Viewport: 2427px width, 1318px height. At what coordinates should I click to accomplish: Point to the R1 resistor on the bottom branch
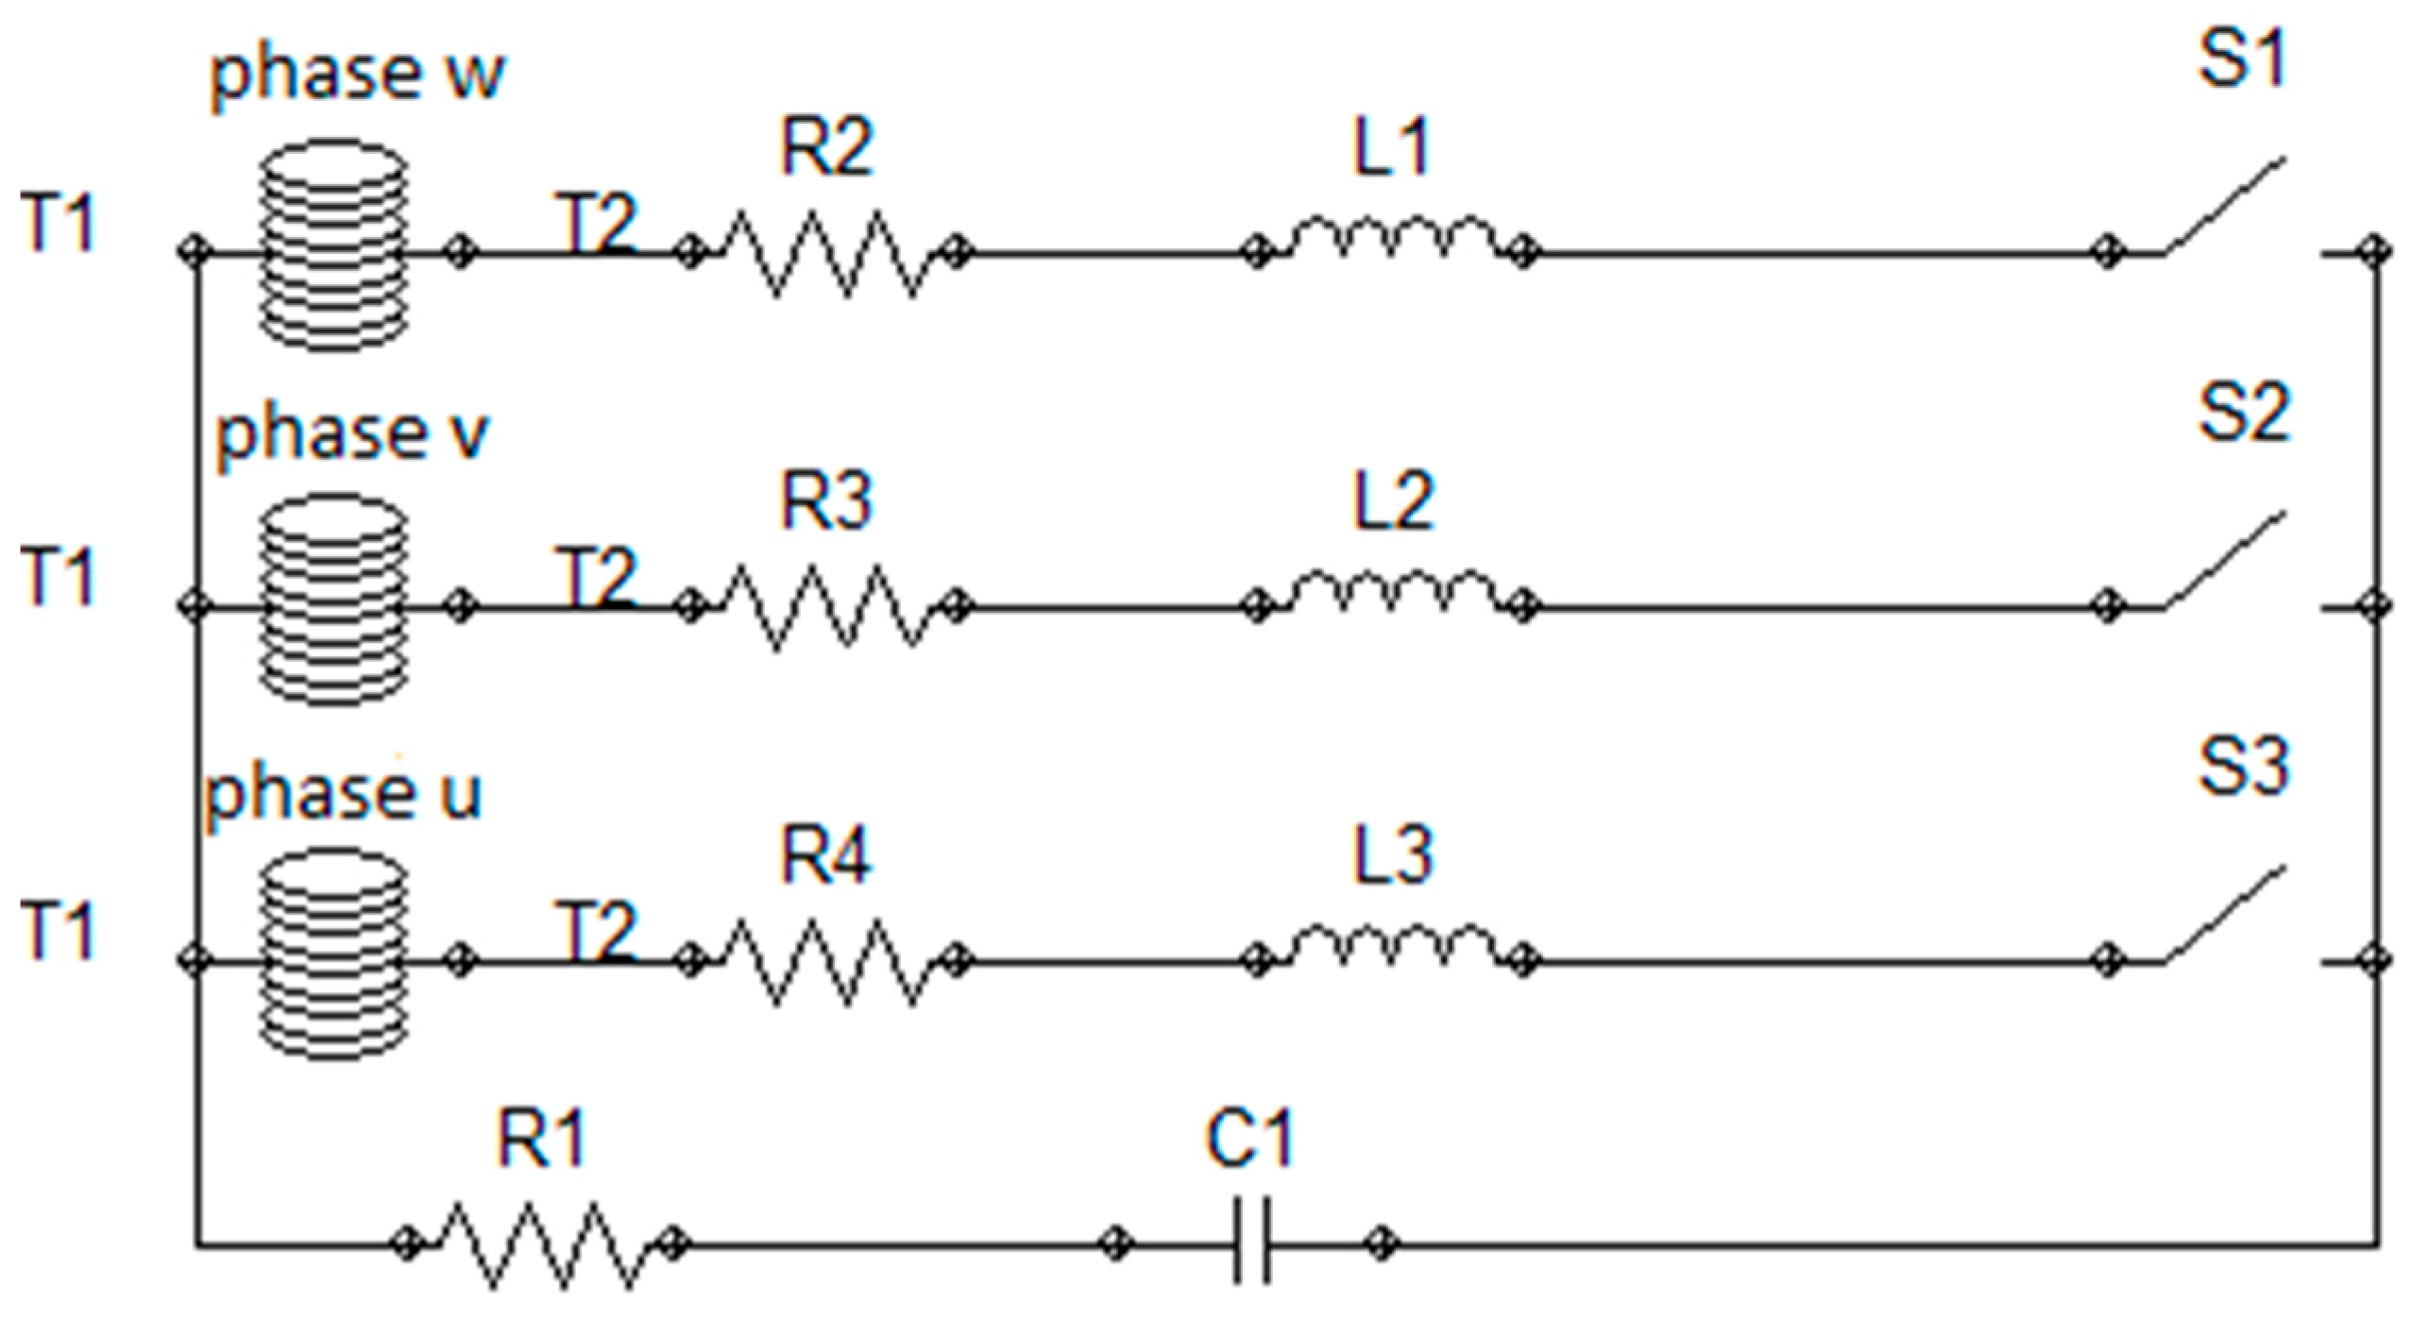point(540,1243)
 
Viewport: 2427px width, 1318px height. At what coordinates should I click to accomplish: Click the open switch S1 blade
point(2225,206)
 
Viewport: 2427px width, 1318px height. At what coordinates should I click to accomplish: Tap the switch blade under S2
point(2225,559)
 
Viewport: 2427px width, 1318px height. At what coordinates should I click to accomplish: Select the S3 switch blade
point(2225,914)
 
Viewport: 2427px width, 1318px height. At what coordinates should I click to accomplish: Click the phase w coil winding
point(333,245)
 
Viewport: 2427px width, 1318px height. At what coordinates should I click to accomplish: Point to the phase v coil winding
point(333,599)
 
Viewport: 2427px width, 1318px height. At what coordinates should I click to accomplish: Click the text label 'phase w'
point(357,74)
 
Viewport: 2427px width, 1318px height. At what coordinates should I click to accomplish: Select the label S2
point(2244,414)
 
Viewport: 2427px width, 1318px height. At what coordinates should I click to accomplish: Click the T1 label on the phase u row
point(59,931)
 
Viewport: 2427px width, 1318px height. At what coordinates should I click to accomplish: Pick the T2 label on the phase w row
point(599,223)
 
